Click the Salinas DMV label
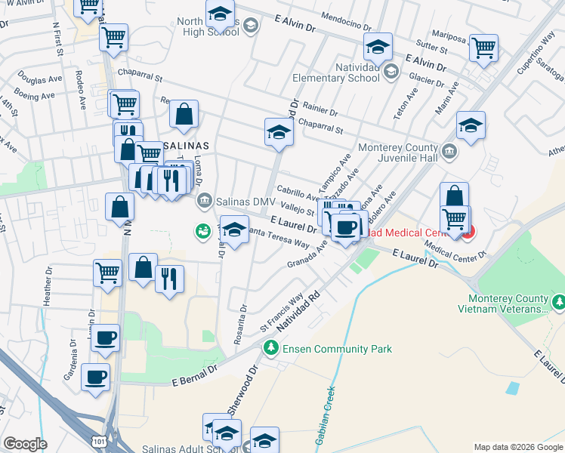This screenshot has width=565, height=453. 245,201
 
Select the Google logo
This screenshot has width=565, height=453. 25,443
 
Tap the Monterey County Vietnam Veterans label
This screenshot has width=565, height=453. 503,303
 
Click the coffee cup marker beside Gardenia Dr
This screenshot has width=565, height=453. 95,377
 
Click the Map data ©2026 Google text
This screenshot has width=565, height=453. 518,446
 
